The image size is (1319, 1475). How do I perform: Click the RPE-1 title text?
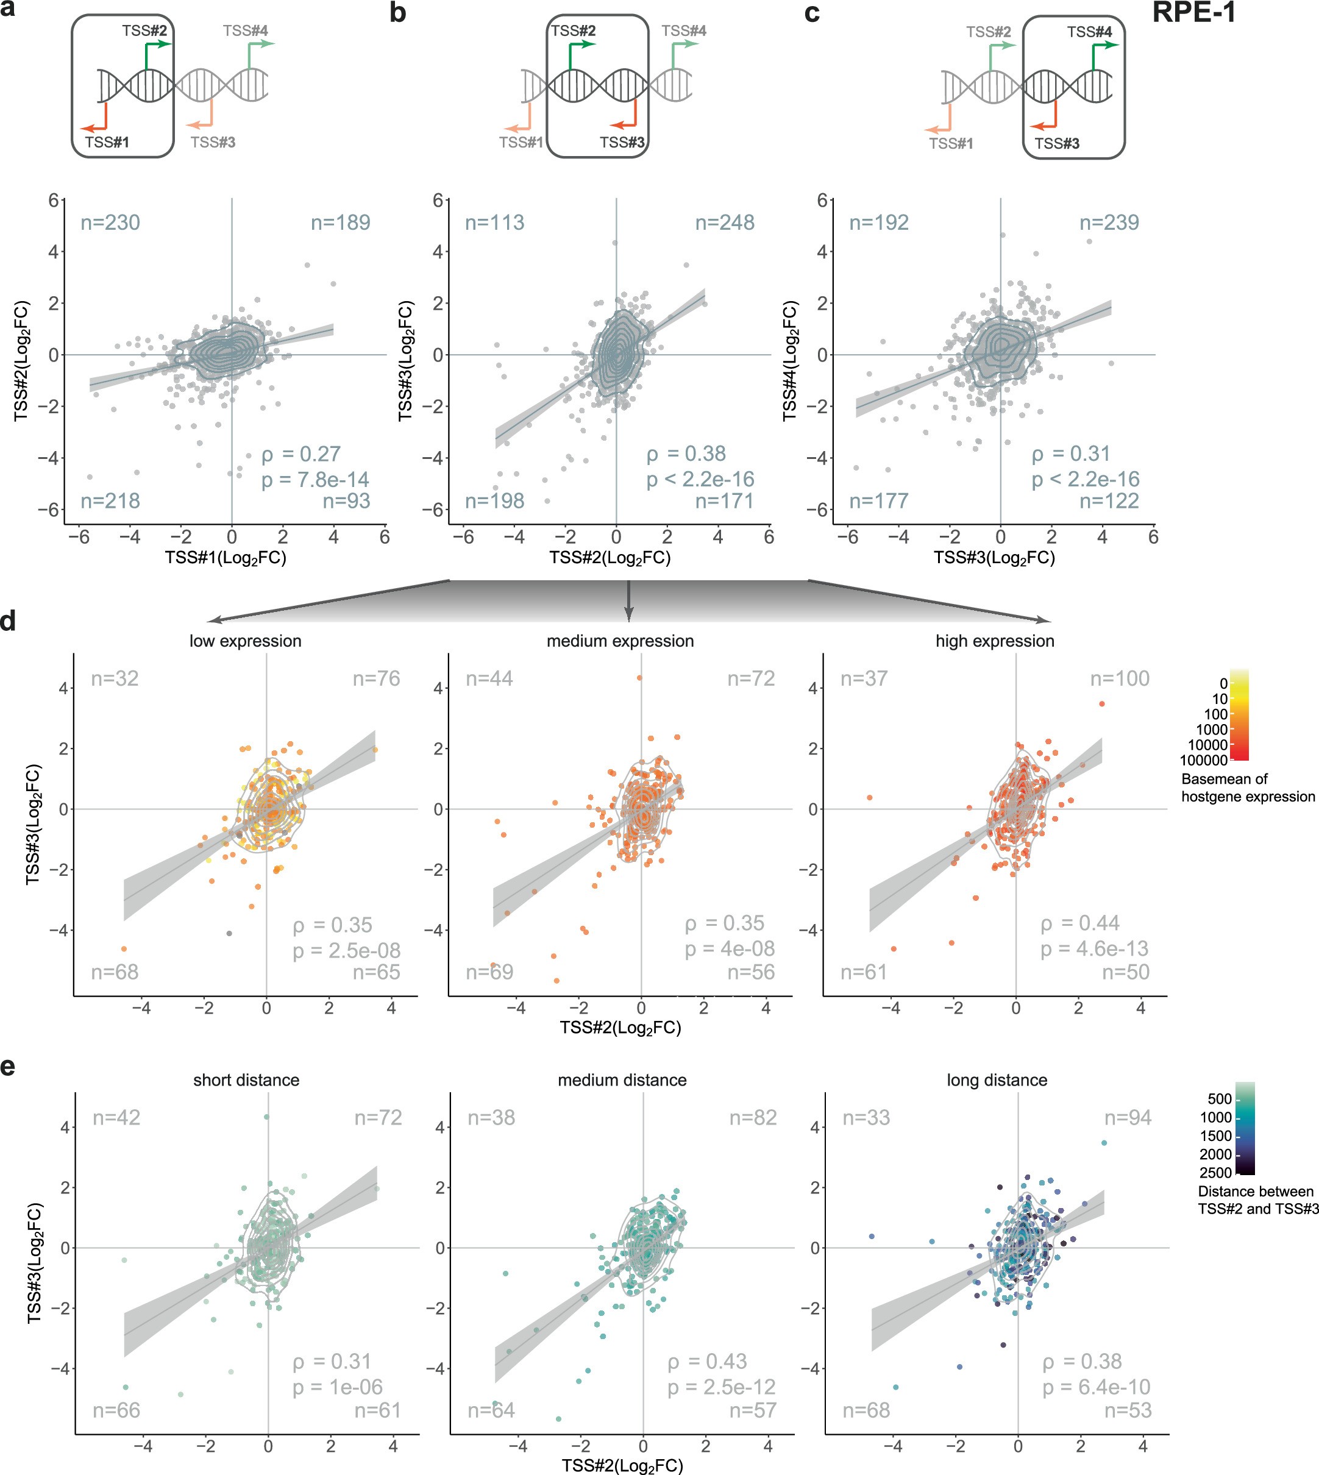pos(1193,13)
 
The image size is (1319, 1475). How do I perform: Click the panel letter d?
pos(9,621)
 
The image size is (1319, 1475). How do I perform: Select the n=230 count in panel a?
pos(110,222)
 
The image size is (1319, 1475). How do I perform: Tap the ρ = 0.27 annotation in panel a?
pos(300,455)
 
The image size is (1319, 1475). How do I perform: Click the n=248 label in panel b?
pos(725,222)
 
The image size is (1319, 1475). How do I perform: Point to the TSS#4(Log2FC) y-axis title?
pos(790,361)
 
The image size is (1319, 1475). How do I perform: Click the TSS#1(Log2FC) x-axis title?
pos(226,557)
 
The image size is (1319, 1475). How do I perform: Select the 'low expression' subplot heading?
pos(245,641)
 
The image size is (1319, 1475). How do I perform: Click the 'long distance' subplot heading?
pos(997,1080)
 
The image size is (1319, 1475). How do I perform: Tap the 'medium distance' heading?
pos(622,1080)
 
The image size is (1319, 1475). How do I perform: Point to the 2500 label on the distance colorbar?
pos(1215,1173)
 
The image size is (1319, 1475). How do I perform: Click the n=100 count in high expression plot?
pos(1120,678)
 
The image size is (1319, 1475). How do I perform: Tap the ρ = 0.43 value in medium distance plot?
pos(706,1361)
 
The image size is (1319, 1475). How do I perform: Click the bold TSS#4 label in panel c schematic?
pos(1089,32)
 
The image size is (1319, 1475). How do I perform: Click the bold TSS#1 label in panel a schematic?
pos(107,142)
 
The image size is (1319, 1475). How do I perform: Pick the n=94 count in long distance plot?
pos(1128,1118)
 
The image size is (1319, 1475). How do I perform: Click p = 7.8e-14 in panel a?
pos(315,480)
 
